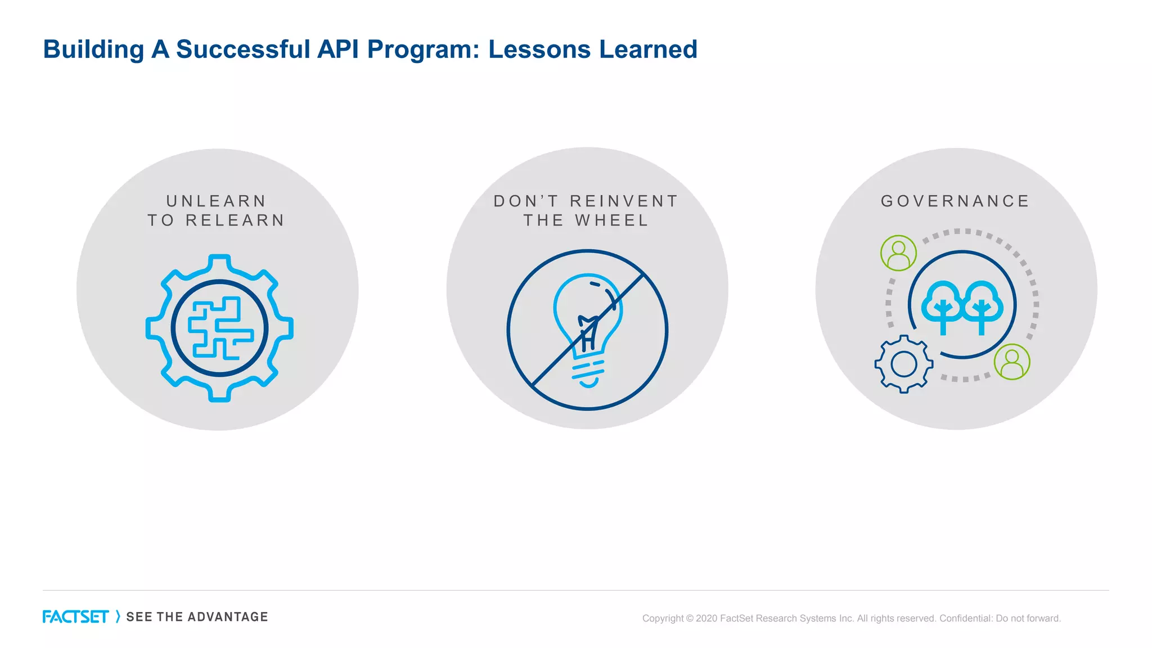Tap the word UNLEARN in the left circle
tap(217, 201)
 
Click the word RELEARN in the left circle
tap(235, 220)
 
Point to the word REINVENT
tap(624, 201)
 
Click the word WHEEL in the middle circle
tap(612, 220)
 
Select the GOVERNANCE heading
tap(955, 201)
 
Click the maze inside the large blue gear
tap(219, 328)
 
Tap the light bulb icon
tap(588, 326)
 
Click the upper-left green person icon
tap(898, 253)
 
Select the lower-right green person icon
tap(1012, 362)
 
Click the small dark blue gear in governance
tap(904, 364)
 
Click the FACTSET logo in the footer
tap(75, 617)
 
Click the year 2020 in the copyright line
tap(706, 619)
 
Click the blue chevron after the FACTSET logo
tap(118, 617)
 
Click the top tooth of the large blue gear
tap(219, 261)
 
